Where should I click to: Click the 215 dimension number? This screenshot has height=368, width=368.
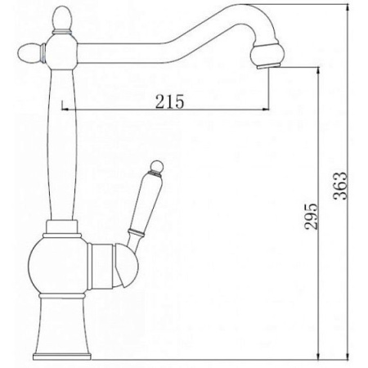[x=169, y=101]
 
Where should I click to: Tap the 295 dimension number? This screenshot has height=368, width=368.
[x=311, y=216]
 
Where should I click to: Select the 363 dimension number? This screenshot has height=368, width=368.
[x=340, y=186]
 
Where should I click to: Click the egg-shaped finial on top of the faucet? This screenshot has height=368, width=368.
[x=62, y=18]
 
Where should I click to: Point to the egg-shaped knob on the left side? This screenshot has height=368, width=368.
[x=30, y=51]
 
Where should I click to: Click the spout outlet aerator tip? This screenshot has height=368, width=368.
[x=269, y=65]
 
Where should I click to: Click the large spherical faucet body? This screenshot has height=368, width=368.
[x=58, y=266]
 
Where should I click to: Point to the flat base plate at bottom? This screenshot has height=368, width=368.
[x=62, y=357]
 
